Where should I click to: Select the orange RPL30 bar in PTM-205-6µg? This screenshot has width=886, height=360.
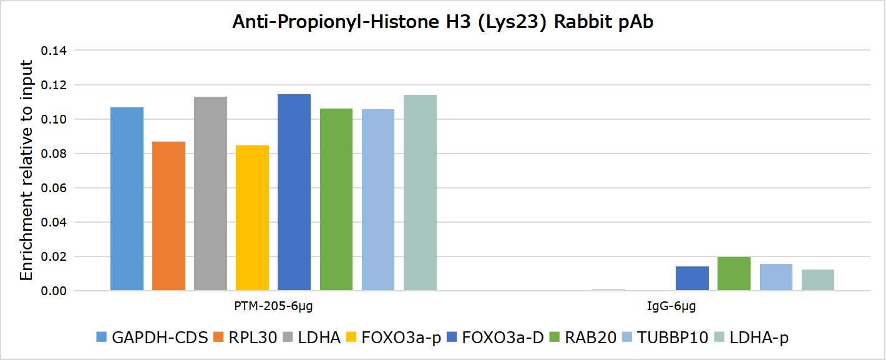[x=168, y=216]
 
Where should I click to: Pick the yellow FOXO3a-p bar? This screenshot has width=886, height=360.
[x=252, y=218]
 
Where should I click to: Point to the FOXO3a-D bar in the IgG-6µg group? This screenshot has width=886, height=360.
[x=692, y=278]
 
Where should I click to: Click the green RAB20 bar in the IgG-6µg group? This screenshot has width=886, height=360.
[x=734, y=274]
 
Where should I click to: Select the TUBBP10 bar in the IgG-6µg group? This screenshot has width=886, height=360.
[x=776, y=277]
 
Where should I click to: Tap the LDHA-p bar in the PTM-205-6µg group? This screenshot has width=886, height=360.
[x=420, y=193]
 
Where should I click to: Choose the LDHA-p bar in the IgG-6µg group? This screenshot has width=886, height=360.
[x=817, y=280]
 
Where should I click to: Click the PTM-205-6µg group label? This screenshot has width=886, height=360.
[x=273, y=307]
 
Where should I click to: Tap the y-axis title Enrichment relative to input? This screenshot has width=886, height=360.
[x=27, y=170]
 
